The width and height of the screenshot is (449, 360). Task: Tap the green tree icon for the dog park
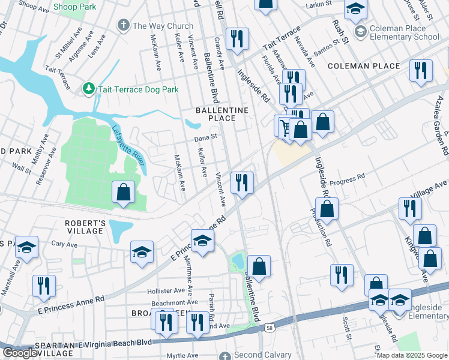[89, 89]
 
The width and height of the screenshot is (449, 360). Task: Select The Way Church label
[163, 26]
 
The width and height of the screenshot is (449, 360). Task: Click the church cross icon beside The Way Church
[124, 26]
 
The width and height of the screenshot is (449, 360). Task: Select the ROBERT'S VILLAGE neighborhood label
[85, 227]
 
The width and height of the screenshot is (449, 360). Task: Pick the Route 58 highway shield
[270, 328]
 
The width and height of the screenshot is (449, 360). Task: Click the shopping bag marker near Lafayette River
[123, 193]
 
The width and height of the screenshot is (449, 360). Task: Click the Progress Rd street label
[348, 177]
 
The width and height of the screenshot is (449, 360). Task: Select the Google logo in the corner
[20, 353]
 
